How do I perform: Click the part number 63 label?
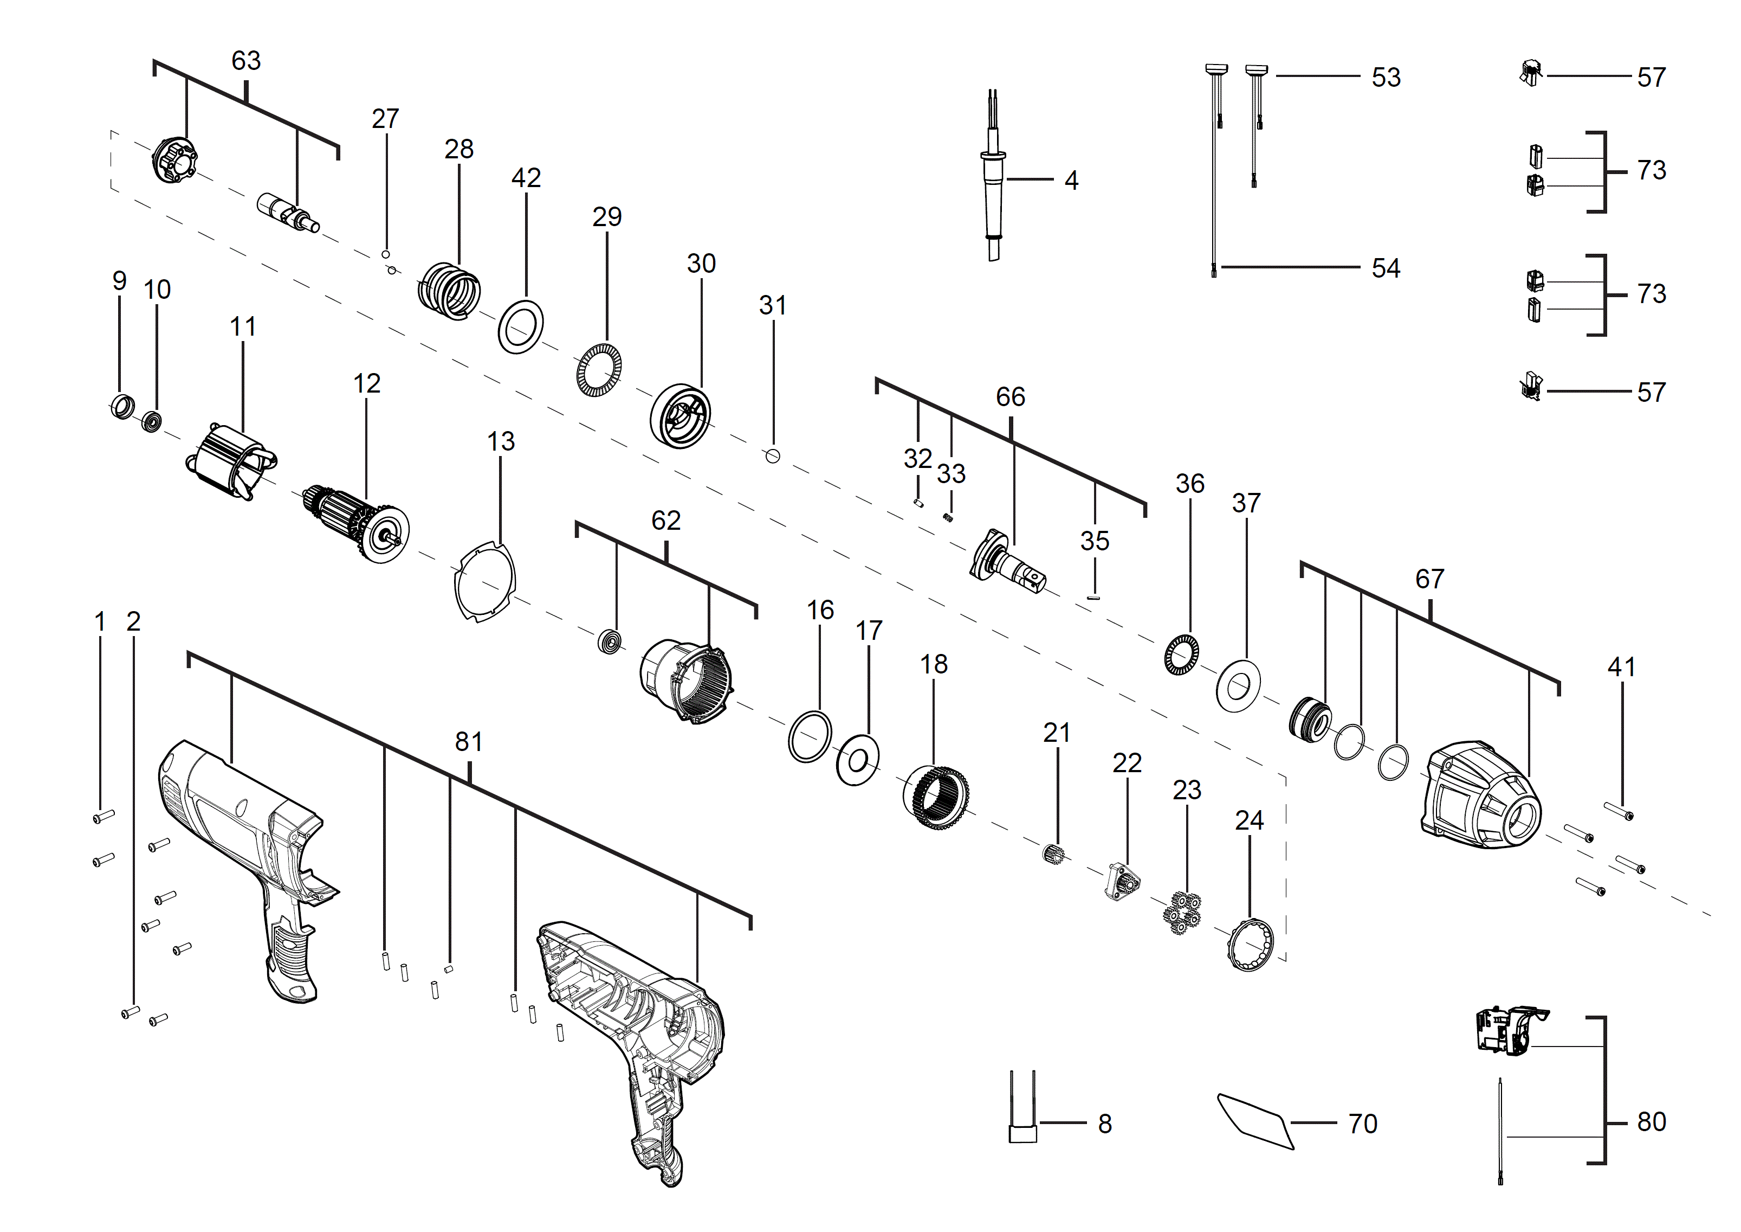(x=245, y=61)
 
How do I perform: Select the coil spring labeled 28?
(x=450, y=291)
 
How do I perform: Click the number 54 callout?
(x=1386, y=268)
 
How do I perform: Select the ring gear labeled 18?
(x=936, y=797)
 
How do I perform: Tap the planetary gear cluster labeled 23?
(x=1181, y=913)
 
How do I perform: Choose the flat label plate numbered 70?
(x=1255, y=1121)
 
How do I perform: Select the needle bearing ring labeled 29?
(x=599, y=370)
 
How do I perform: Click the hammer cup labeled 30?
(x=681, y=416)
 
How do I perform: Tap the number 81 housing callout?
(x=469, y=741)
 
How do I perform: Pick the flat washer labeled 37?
(x=1238, y=686)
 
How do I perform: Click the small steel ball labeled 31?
(x=773, y=456)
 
